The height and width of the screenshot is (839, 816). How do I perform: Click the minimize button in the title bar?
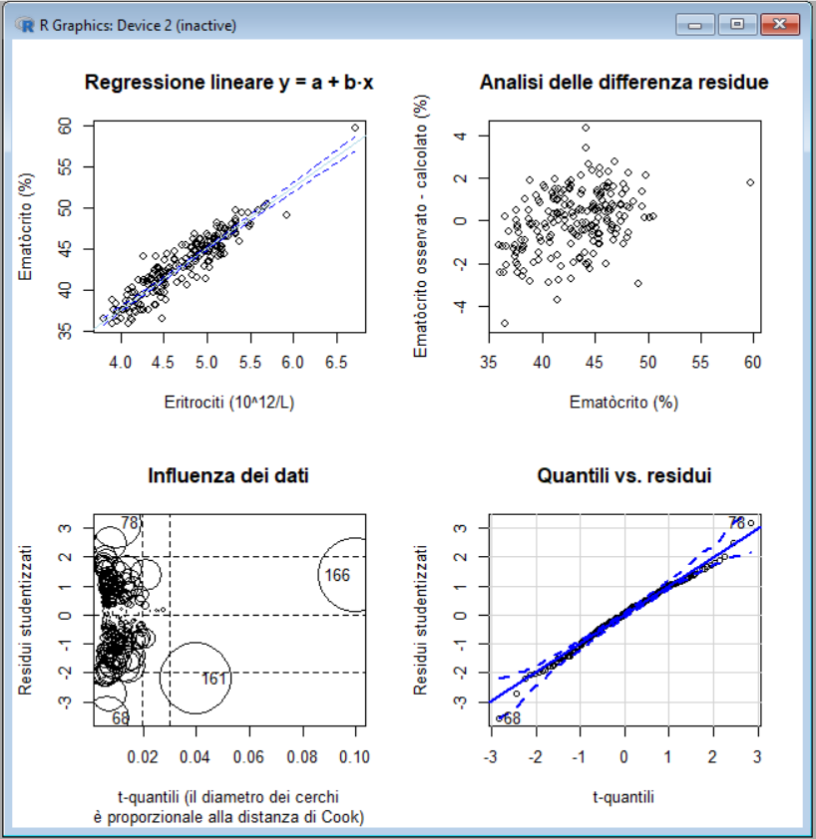pyautogui.click(x=695, y=24)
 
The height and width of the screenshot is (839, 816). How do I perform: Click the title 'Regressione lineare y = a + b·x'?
pyautogui.click(x=228, y=83)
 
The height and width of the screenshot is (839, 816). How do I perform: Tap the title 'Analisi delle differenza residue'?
pyautogui.click(x=624, y=83)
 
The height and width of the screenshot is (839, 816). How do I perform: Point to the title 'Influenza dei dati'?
pyautogui.click(x=228, y=476)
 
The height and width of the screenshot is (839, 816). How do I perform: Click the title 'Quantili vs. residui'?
pyautogui.click(x=624, y=476)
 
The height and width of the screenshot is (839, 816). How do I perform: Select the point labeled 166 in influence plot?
pyautogui.click(x=337, y=575)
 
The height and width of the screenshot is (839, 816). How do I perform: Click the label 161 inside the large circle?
pyautogui.click(x=213, y=679)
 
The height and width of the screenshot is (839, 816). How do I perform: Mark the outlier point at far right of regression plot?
pyautogui.click(x=355, y=128)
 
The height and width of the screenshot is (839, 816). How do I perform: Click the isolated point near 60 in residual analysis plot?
pyautogui.click(x=749, y=182)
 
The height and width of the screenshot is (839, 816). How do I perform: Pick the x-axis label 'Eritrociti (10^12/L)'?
pyautogui.click(x=228, y=403)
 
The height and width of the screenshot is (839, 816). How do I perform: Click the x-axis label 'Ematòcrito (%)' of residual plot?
pyautogui.click(x=624, y=403)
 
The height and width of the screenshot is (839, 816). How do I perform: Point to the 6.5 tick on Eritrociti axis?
pyautogui.click(x=335, y=366)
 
